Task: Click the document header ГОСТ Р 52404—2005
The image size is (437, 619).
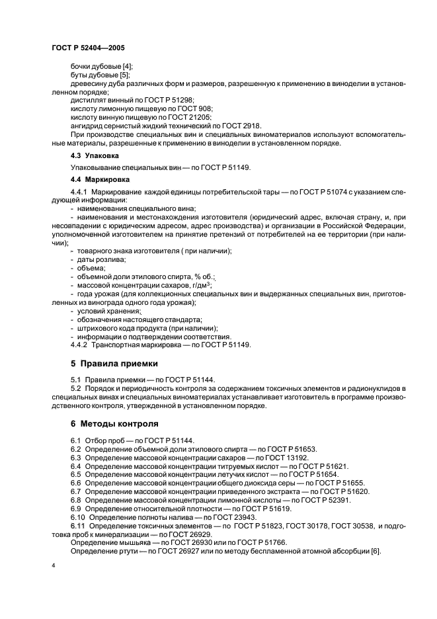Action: pos(87,48)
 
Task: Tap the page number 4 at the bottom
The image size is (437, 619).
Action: pos(53,567)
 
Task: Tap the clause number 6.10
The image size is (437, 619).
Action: pos(79,516)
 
